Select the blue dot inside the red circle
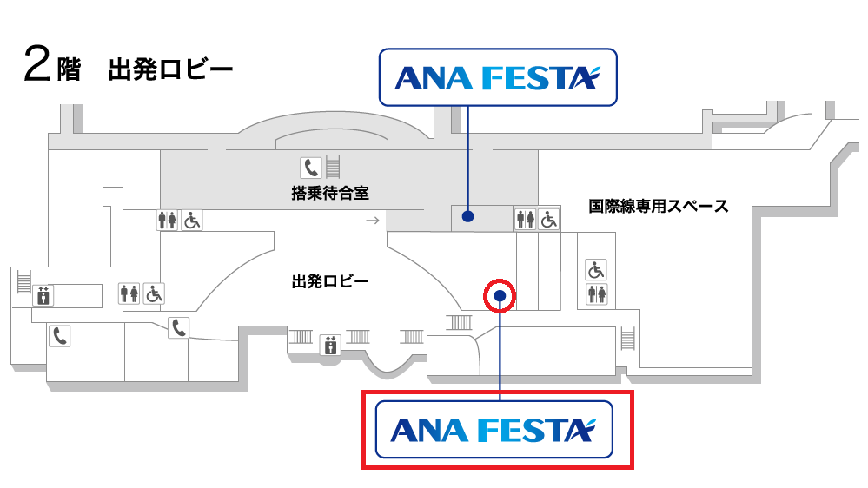500,296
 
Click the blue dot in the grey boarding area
467,217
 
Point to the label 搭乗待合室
324,192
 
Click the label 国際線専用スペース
658,206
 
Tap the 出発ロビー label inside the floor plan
330,280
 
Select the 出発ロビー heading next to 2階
169,69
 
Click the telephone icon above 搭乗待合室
310,166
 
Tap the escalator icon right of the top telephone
332,165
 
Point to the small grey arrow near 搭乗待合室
372,221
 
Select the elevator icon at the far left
43,296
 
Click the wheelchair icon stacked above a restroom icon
596,270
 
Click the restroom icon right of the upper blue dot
525,220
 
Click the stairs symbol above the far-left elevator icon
23,278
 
